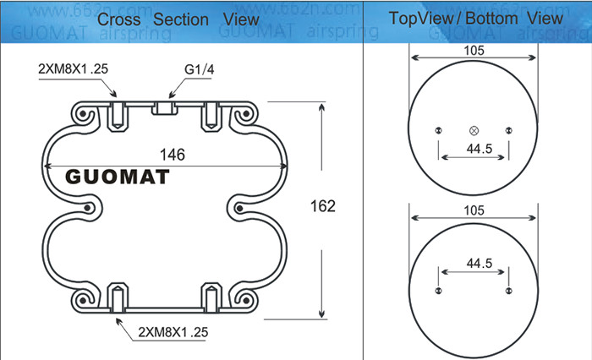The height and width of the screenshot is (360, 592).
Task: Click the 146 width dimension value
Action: pyautogui.click(x=173, y=155)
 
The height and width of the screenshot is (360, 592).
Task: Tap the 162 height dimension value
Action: pyautogui.click(x=323, y=206)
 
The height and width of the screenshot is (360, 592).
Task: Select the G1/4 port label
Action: pyautogui.click(x=200, y=69)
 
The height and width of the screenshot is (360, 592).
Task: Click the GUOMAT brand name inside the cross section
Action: pyautogui.click(x=118, y=177)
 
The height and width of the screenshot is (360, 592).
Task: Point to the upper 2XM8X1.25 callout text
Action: pyautogui.click(x=73, y=68)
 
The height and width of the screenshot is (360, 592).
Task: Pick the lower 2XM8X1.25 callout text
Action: pyautogui.click(x=173, y=332)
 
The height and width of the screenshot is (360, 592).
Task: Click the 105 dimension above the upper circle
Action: pyautogui.click(x=474, y=51)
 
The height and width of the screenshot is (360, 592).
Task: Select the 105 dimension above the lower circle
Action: pyautogui.click(x=474, y=210)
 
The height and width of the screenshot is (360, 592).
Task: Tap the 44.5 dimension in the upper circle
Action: pyautogui.click(x=480, y=149)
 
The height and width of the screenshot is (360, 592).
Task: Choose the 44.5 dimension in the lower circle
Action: pyautogui.click(x=480, y=263)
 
